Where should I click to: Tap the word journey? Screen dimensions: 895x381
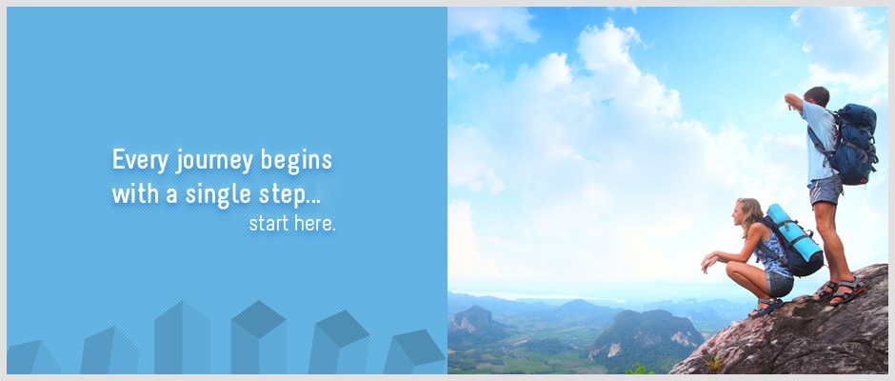(x=214, y=161)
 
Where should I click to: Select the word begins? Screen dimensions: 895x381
(x=296, y=161)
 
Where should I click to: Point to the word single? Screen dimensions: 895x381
(x=218, y=195)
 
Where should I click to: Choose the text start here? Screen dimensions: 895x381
(x=292, y=223)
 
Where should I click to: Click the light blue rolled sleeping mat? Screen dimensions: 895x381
(x=793, y=233)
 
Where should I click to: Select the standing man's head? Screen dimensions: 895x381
(x=816, y=96)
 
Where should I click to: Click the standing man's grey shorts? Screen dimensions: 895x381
(x=825, y=190)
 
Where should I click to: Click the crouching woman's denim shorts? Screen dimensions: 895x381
(x=779, y=283)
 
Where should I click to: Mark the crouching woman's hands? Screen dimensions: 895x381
(x=707, y=261)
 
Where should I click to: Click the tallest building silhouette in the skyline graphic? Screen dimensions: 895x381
(x=182, y=337)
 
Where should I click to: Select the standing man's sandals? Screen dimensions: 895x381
(x=838, y=291)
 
